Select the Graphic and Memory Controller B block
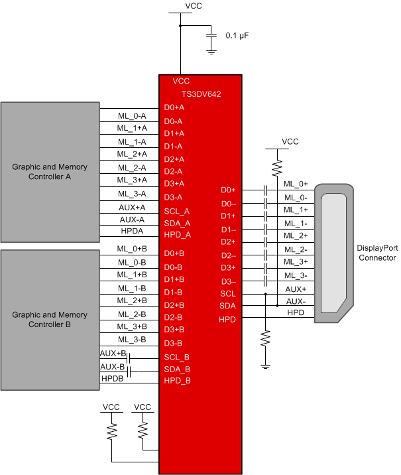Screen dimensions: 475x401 [x=50, y=320]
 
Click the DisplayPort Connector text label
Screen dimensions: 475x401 [x=376, y=253]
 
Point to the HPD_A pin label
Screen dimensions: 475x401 [x=177, y=236]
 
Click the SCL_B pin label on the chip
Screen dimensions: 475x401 [x=177, y=357]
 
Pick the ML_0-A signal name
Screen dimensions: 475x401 [x=132, y=115]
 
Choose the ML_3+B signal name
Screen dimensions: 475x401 [x=132, y=326]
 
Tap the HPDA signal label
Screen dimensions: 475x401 [x=132, y=232]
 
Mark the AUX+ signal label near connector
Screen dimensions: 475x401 [x=295, y=289]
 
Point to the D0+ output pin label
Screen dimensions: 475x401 [x=228, y=190]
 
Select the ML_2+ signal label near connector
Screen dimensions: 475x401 [x=295, y=236]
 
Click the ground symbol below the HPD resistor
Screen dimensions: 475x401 [x=265, y=366]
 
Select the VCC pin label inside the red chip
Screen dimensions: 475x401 [x=181, y=81]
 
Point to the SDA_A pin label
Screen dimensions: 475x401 [x=177, y=223]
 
